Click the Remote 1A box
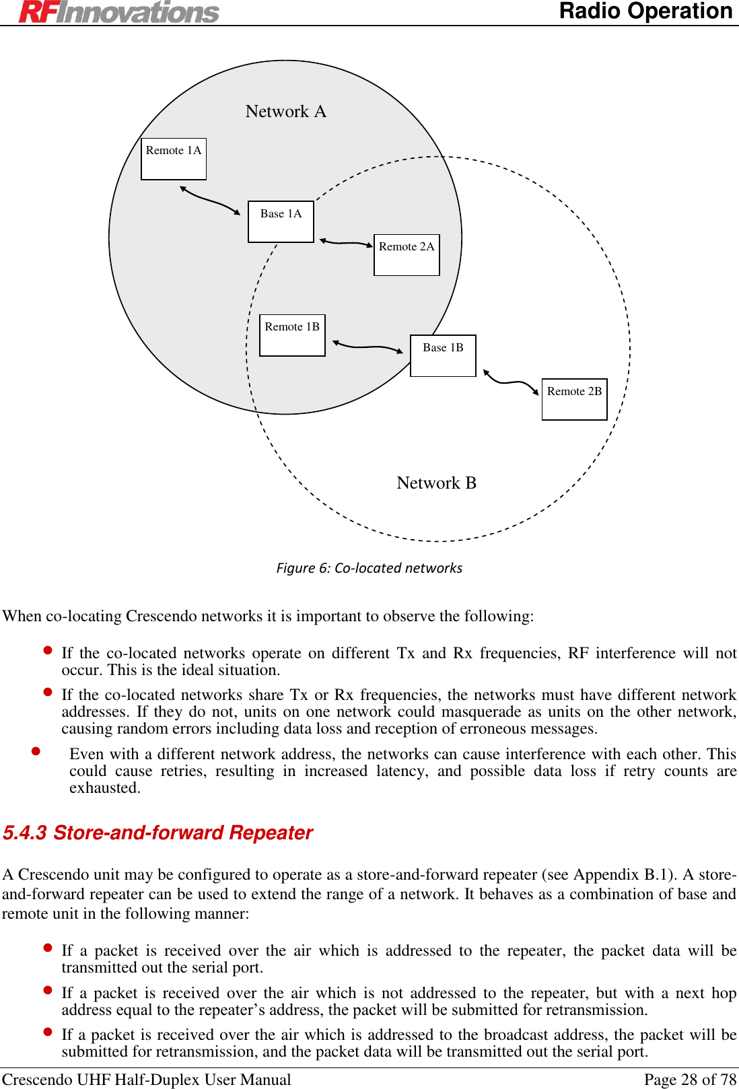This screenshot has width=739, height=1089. pyautogui.click(x=174, y=159)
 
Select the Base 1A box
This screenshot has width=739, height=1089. pyautogui.click(x=281, y=221)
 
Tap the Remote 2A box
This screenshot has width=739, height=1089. pyautogui.click(x=407, y=254)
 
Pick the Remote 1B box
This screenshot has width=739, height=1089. pyautogui.click(x=292, y=335)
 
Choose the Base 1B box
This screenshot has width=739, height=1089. pyautogui.click(x=443, y=355)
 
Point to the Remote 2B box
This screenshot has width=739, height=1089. pyautogui.click(x=574, y=399)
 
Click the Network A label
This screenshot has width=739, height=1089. pyautogui.click(x=285, y=111)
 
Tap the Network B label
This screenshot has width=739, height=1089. pyautogui.click(x=436, y=483)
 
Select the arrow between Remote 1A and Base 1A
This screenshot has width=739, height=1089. pyautogui.click(x=210, y=201)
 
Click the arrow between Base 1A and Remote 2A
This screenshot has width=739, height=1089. pyautogui.click(x=346, y=242)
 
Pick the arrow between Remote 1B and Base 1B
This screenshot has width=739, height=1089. pyautogui.click(x=367, y=347)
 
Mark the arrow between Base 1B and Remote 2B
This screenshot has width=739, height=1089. pyautogui.click(x=511, y=383)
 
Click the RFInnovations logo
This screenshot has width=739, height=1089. pyautogui.click(x=119, y=11)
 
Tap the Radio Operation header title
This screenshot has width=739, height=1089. pyautogui.click(x=645, y=11)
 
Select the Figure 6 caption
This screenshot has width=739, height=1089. pyautogui.click(x=369, y=568)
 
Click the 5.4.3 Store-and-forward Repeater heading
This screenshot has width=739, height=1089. pyautogui.click(x=158, y=833)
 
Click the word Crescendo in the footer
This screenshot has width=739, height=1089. pyautogui.click(x=38, y=1080)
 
